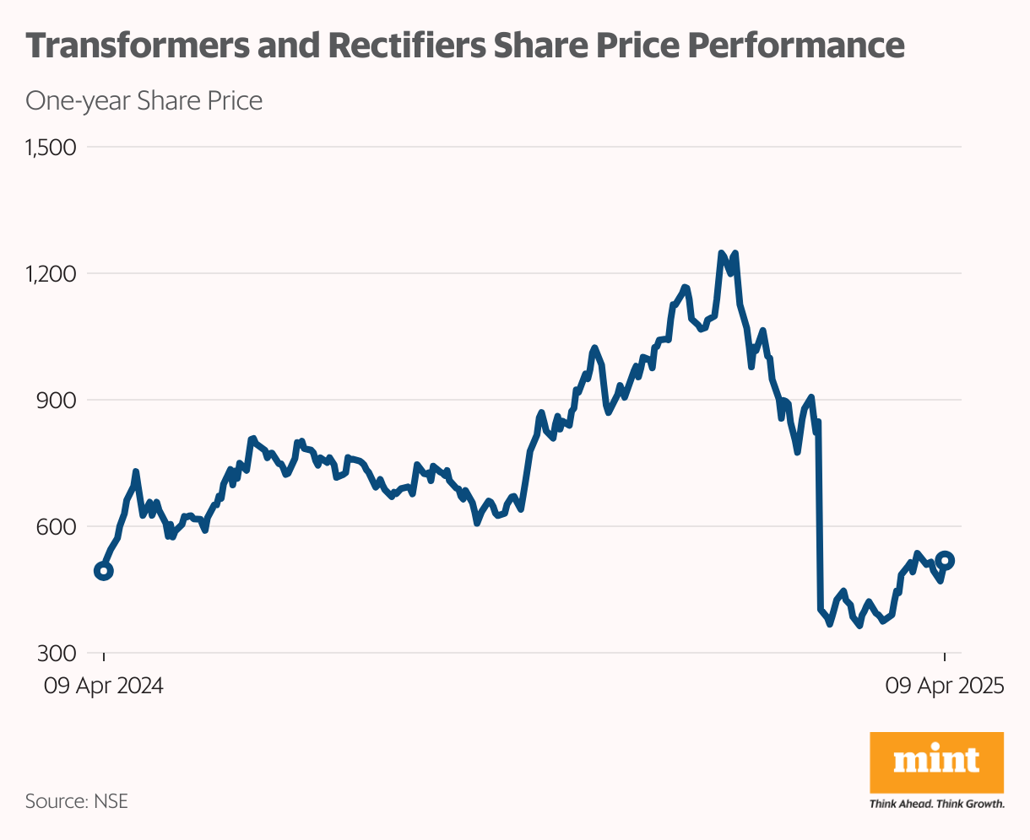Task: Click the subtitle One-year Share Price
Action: [x=144, y=101]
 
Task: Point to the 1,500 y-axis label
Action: [x=51, y=148]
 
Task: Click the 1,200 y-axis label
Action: [x=51, y=274]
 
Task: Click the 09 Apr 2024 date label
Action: [x=104, y=686]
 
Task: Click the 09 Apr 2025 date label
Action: [x=945, y=686]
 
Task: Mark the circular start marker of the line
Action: [x=104, y=571]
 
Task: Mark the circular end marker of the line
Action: [x=946, y=560]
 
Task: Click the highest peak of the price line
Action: [x=721, y=253]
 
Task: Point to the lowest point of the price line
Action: [x=859, y=626]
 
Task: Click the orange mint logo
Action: [x=936, y=762]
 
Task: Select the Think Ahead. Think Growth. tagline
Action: [x=936, y=804]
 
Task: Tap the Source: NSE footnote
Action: [x=77, y=800]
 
